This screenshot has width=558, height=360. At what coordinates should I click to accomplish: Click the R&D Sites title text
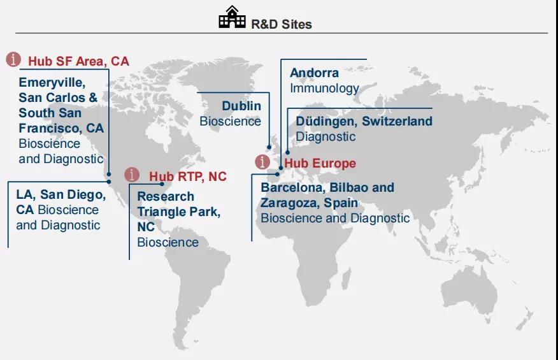(x=282, y=24)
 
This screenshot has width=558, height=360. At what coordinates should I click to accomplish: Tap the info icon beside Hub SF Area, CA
(x=13, y=59)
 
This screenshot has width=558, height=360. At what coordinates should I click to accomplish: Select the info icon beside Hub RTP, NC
(x=132, y=175)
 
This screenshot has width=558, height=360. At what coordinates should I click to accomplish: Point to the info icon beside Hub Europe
(x=262, y=162)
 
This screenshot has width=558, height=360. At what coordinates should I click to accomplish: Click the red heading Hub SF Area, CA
(x=78, y=61)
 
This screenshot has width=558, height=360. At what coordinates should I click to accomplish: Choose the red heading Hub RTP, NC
(x=188, y=176)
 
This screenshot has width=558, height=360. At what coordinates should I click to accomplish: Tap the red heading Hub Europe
(x=320, y=164)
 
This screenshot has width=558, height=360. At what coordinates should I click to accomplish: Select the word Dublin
(x=241, y=106)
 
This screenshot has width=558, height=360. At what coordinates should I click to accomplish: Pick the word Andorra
(x=315, y=73)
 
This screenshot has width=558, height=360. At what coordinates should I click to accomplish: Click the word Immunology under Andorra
(x=325, y=89)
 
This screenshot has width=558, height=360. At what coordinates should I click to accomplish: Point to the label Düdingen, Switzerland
(x=364, y=121)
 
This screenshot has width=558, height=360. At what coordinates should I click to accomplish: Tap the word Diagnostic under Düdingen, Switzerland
(x=325, y=136)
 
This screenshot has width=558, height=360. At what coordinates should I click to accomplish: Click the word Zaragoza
(x=290, y=203)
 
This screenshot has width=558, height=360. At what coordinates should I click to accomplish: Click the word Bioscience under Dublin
(x=230, y=122)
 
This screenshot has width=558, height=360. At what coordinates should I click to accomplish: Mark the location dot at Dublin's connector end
(x=269, y=147)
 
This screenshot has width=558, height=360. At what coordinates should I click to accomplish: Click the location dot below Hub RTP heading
(x=162, y=184)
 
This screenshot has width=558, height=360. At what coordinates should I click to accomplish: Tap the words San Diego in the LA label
(x=73, y=195)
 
